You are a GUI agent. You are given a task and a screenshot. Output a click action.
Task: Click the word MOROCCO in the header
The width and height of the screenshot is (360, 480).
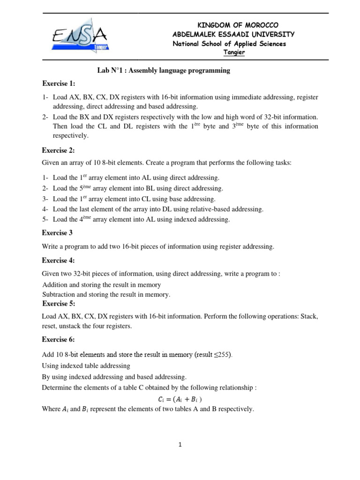[262, 25]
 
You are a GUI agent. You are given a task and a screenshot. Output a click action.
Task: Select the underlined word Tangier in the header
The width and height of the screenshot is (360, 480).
[233, 52]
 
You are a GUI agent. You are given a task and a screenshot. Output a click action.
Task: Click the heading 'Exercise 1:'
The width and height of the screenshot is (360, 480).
[59, 84]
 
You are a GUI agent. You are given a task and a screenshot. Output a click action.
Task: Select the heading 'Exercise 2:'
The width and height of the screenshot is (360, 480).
[59, 150]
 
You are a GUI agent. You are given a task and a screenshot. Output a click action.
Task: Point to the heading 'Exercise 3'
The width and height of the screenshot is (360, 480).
[58, 232]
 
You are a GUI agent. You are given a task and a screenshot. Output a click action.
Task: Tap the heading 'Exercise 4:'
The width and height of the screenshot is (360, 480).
[59, 261]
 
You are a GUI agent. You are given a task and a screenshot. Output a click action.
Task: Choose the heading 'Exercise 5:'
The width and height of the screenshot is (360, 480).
[59, 303]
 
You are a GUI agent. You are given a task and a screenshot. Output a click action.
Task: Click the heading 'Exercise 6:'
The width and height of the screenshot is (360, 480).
[59, 339]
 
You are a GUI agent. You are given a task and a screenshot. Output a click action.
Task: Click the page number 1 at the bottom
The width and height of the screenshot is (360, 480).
[180, 445]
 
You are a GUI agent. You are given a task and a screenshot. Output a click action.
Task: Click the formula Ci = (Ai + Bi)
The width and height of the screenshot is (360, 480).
[180, 399]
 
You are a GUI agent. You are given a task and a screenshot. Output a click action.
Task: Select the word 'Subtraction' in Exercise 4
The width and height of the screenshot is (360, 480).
[59, 294]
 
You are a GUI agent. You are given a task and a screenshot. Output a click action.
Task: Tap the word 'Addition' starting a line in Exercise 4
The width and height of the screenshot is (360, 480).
[55, 285]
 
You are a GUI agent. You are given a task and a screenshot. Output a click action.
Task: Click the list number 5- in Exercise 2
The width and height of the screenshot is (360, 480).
[45, 219]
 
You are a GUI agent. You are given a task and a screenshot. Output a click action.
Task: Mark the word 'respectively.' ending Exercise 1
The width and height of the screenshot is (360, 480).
[70, 135]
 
